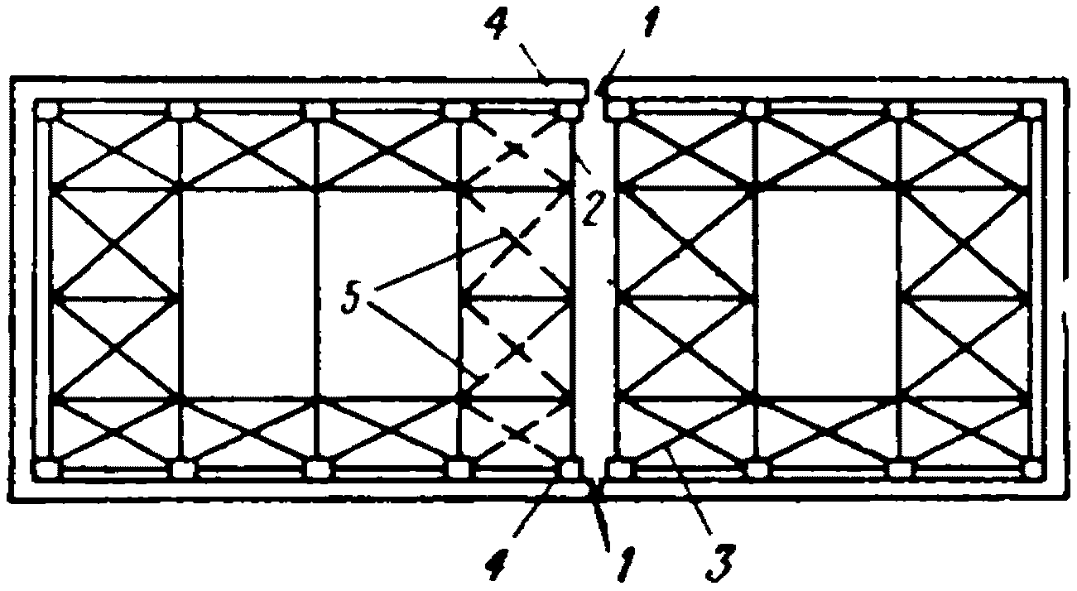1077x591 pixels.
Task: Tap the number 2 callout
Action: point(591,209)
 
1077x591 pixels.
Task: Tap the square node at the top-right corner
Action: point(1031,110)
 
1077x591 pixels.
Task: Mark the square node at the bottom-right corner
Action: point(1031,470)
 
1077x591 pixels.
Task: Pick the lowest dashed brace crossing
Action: point(517,433)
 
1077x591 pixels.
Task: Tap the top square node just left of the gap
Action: point(568,110)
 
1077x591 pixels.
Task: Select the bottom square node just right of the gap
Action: point(618,470)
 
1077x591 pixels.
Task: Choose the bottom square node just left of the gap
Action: point(570,470)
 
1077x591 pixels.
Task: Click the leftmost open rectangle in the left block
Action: point(248,294)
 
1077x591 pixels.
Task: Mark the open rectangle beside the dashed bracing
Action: point(387,294)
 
